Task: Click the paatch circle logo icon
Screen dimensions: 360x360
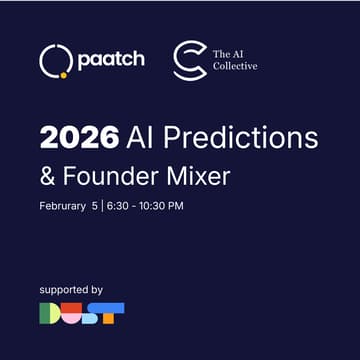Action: click(54, 61)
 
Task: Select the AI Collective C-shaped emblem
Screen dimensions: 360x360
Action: click(188, 60)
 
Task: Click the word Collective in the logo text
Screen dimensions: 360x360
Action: click(235, 67)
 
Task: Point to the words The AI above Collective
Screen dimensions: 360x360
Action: click(226, 53)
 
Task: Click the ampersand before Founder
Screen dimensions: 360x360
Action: click(49, 176)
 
